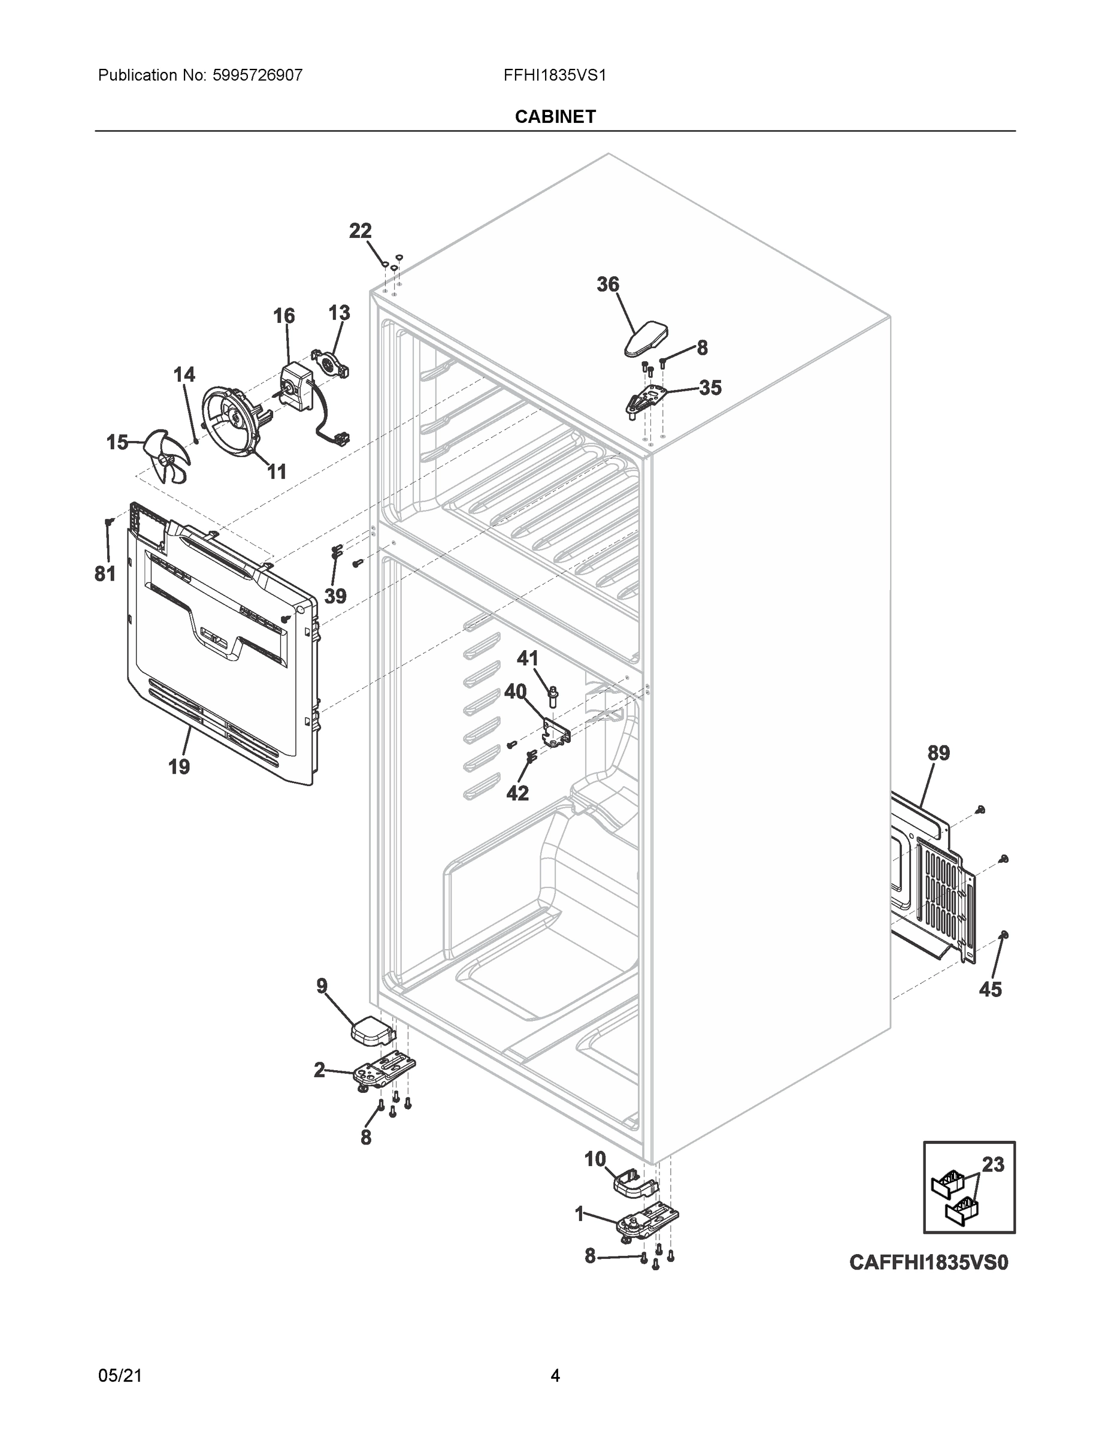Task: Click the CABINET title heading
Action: pos(555,117)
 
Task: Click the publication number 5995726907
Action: pos(258,75)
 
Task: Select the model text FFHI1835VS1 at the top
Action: pos(554,75)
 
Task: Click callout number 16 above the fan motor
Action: pos(284,316)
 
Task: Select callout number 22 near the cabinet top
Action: pos(360,231)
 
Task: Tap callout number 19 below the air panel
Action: pos(179,766)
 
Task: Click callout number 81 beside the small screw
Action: pos(105,574)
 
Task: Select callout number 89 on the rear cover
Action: pos(939,753)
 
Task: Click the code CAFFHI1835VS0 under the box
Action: pos(928,1263)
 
